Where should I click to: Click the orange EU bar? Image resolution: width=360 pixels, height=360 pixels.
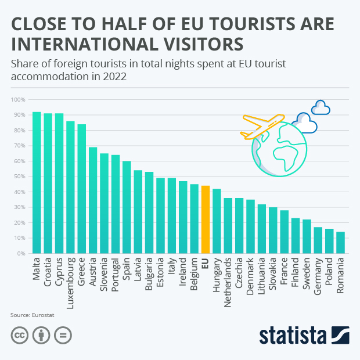[x=205, y=219]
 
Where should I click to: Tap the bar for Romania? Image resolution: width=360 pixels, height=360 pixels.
[x=340, y=242]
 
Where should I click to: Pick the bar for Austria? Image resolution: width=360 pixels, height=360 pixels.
[x=93, y=200]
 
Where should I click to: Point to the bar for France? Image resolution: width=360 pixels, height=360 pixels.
[x=284, y=232]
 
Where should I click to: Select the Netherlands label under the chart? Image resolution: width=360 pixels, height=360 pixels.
[x=228, y=278]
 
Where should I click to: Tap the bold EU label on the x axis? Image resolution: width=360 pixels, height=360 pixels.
[x=205, y=263]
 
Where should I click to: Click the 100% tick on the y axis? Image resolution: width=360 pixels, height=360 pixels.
[x=18, y=100]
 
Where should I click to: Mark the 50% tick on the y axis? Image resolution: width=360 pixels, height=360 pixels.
[x=19, y=177]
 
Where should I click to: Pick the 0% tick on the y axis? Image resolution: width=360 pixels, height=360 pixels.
[x=21, y=254]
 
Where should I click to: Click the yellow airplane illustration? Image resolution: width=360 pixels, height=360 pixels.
[x=261, y=126]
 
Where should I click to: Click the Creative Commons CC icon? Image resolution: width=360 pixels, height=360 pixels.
[x=19, y=336]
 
